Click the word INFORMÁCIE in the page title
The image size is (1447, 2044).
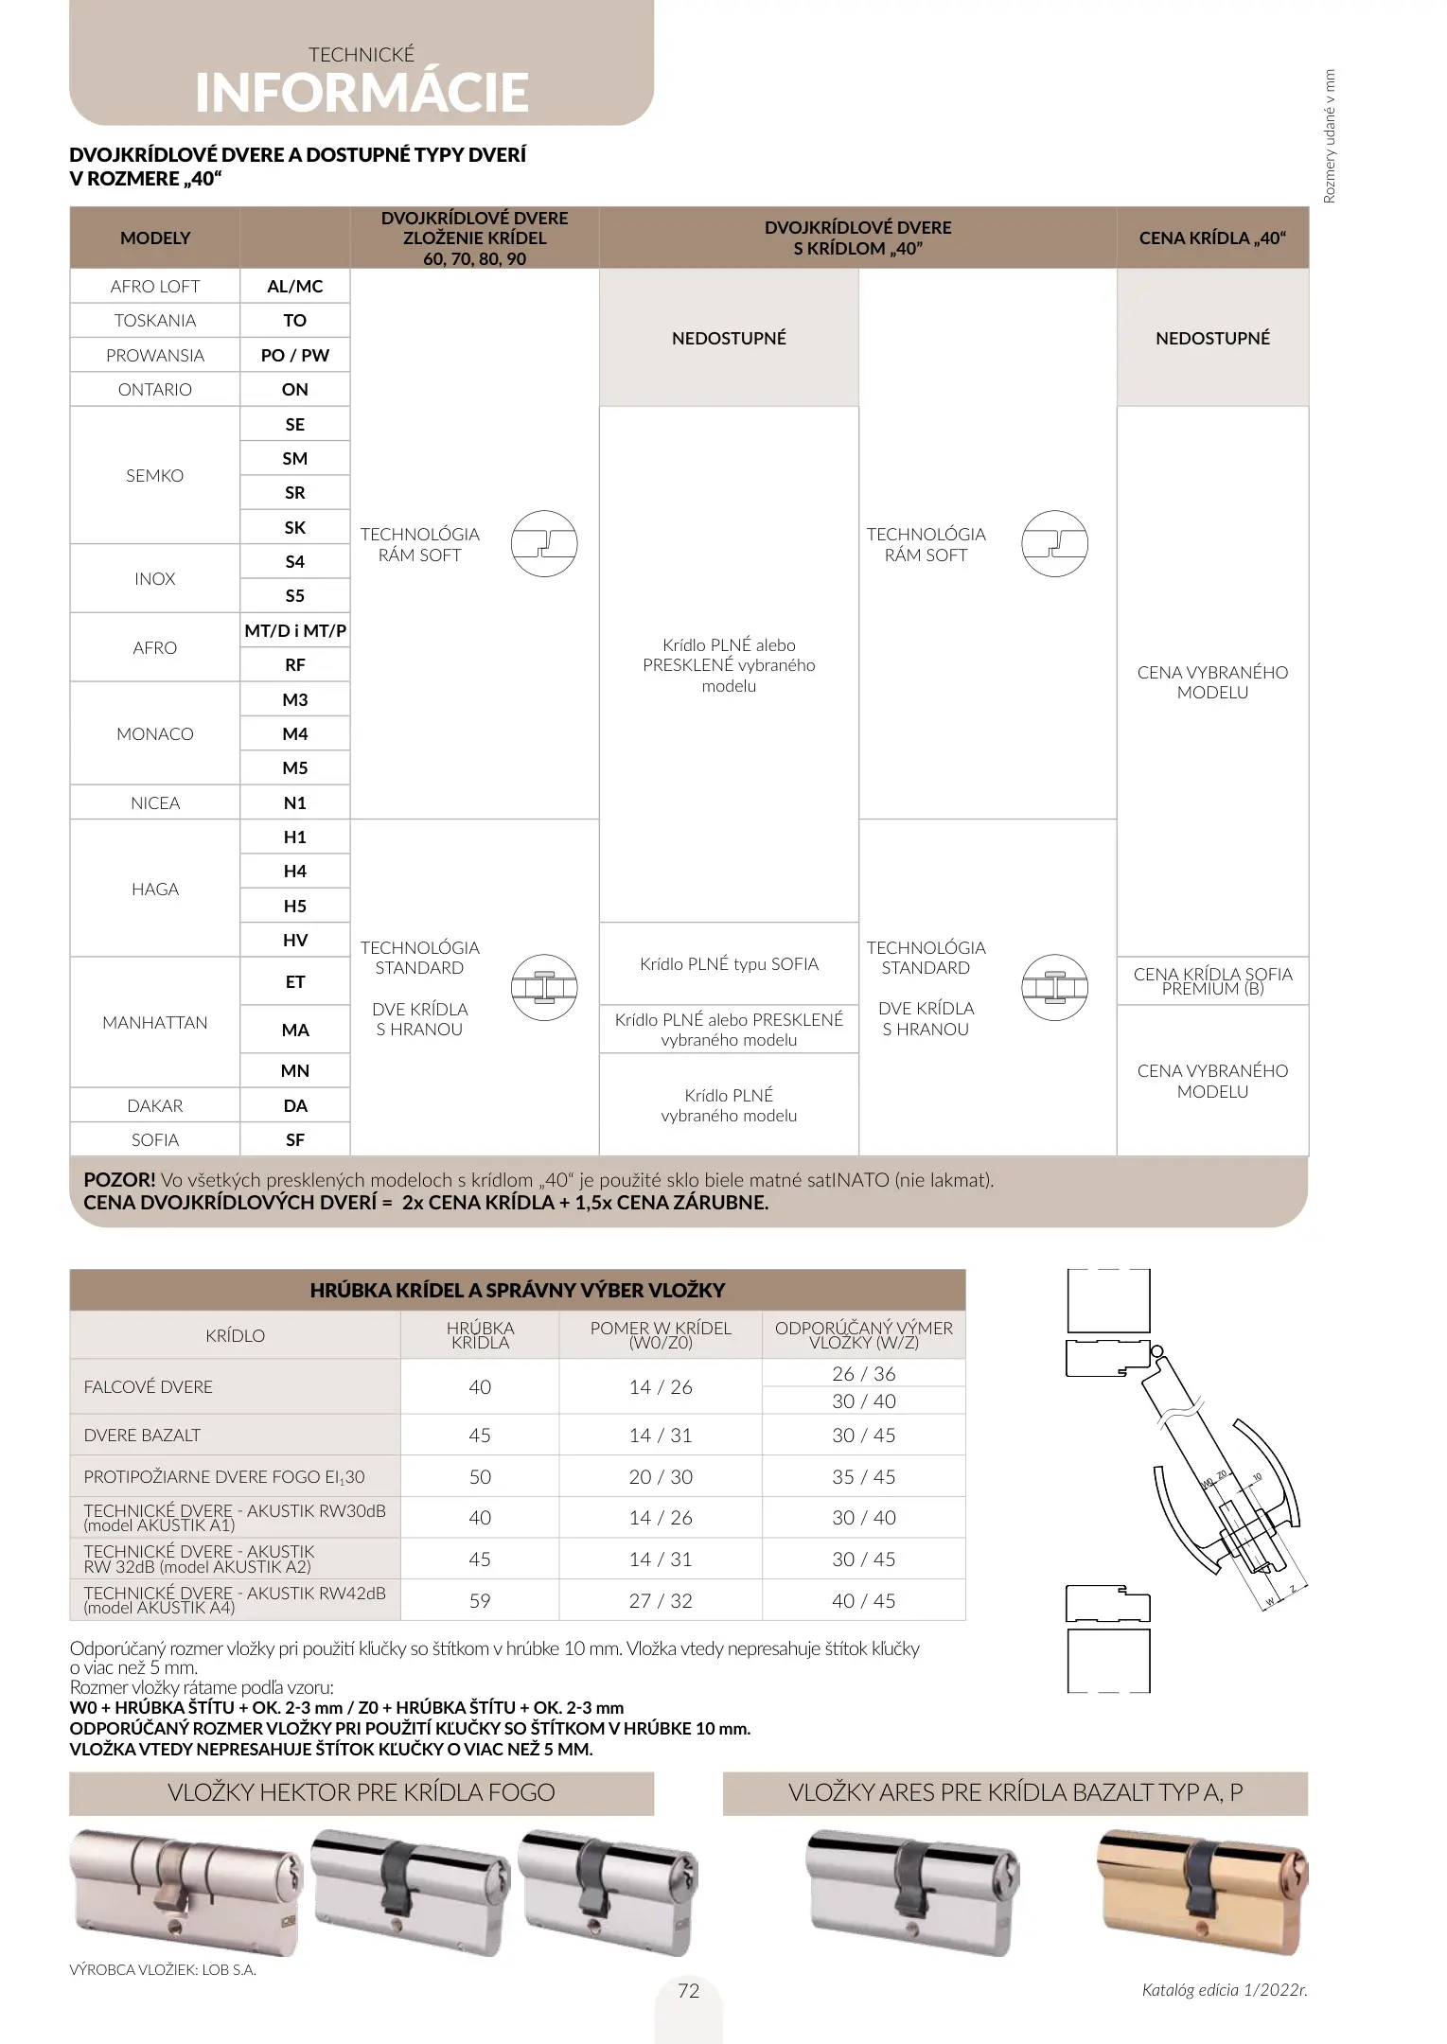click(362, 93)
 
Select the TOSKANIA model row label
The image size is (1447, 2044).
click(155, 321)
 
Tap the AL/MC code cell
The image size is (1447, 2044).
click(295, 287)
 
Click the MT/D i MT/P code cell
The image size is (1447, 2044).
click(295, 630)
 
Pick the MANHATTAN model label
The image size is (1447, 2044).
click(155, 1023)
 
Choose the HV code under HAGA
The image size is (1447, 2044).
click(295, 941)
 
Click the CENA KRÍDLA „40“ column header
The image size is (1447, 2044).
click(1212, 238)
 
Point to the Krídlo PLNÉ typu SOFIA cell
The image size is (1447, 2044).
click(729, 964)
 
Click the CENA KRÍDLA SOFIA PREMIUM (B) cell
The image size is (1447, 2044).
click(1212, 981)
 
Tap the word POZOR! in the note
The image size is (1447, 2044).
click(119, 1180)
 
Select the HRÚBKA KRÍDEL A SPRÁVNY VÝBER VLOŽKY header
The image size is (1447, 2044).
click(518, 1290)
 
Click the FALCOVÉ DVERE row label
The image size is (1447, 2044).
click(149, 1387)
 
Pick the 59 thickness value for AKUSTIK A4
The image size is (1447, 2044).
click(480, 1601)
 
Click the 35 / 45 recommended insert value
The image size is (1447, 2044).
click(863, 1477)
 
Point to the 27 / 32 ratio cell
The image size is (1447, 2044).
click(661, 1601)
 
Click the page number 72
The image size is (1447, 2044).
click(689, 1991)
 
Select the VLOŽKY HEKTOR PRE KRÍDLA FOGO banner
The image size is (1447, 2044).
click(362, 1793)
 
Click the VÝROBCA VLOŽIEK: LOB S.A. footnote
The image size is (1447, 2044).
click(163, 1970)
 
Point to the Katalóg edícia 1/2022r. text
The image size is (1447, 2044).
click(1224, 1990)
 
